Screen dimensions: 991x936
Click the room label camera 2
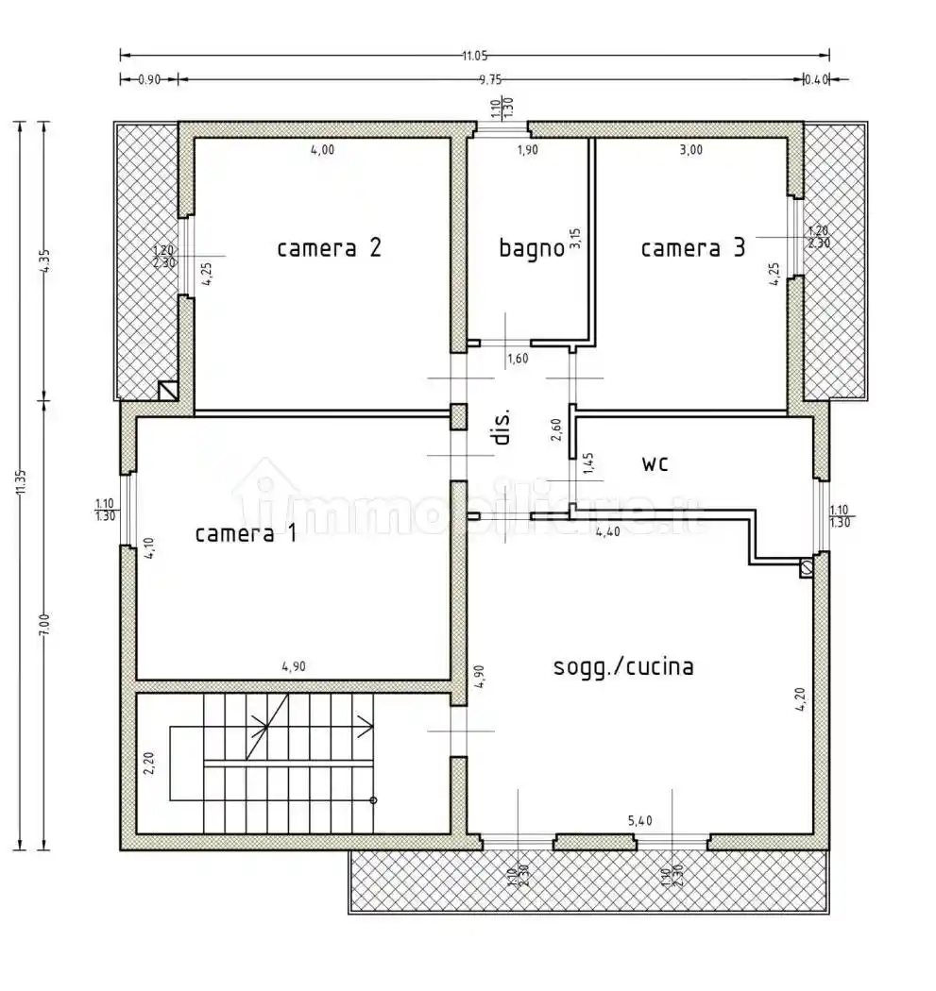(x=329, y=248)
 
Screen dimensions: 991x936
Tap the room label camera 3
(x=692, y=248)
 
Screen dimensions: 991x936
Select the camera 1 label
(x=246, y=534)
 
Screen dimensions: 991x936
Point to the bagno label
(x=531, y=248)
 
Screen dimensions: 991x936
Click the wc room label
(x=655, y=463)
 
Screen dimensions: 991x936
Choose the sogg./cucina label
(x=622, y=666)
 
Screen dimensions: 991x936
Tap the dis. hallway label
(x=502, y=428)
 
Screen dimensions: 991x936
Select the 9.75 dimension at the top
(x=490, y=80)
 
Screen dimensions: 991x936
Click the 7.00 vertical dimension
(x=43, y=624)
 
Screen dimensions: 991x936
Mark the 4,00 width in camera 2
(x=322, y=149)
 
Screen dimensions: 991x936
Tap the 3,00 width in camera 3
(x=691, y=149)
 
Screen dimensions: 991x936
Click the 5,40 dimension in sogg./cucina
(x=639, y=820)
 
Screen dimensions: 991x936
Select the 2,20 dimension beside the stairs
(x=148, y=762)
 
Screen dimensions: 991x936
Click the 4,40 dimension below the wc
(x=608, y=532)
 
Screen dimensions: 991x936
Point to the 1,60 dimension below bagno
(x=518, y=359)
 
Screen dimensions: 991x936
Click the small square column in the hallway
(x=458, y=416)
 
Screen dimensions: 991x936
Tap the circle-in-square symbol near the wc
(x=807, y=567)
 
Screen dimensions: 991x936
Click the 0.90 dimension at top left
(x=149, y=80)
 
